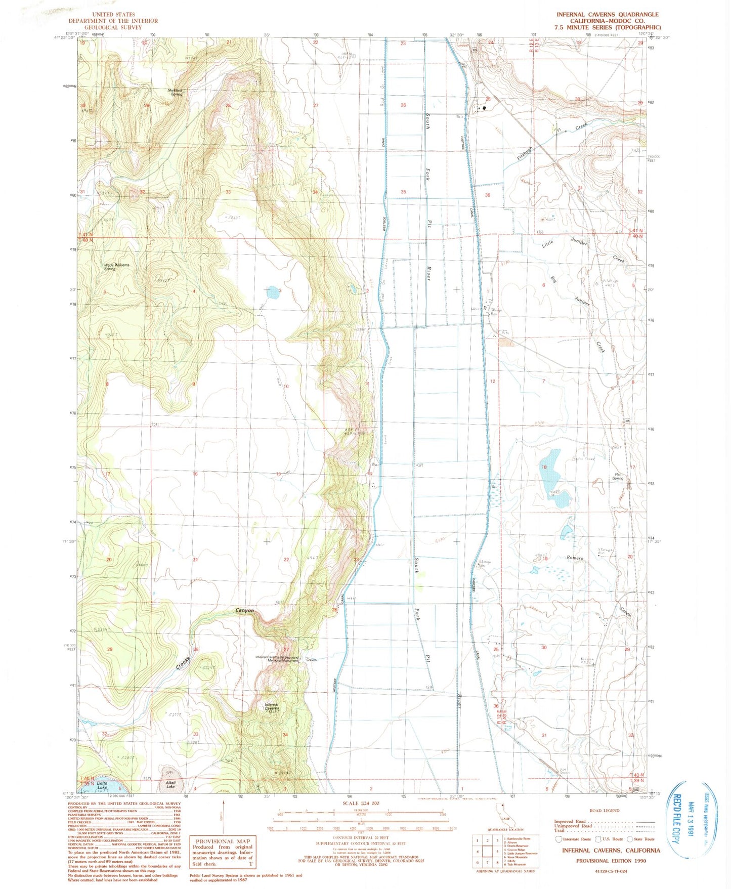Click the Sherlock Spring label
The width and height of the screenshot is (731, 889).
coord(176,92)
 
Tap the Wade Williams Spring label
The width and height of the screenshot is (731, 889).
coord(116,267)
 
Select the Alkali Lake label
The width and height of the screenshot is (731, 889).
coord(170,785)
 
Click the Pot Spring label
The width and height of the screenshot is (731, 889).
coord(618,476)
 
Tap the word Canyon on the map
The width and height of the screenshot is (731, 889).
coord(245,611)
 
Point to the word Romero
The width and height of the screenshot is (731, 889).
coord(575,558)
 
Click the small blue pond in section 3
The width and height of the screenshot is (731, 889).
coord(272,292)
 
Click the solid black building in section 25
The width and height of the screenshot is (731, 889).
coord(485,107)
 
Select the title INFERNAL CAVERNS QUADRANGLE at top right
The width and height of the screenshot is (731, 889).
coord(608,15)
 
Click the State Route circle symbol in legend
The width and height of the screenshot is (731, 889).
coord(630,838)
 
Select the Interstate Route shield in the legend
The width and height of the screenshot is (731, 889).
coord(558,839)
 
